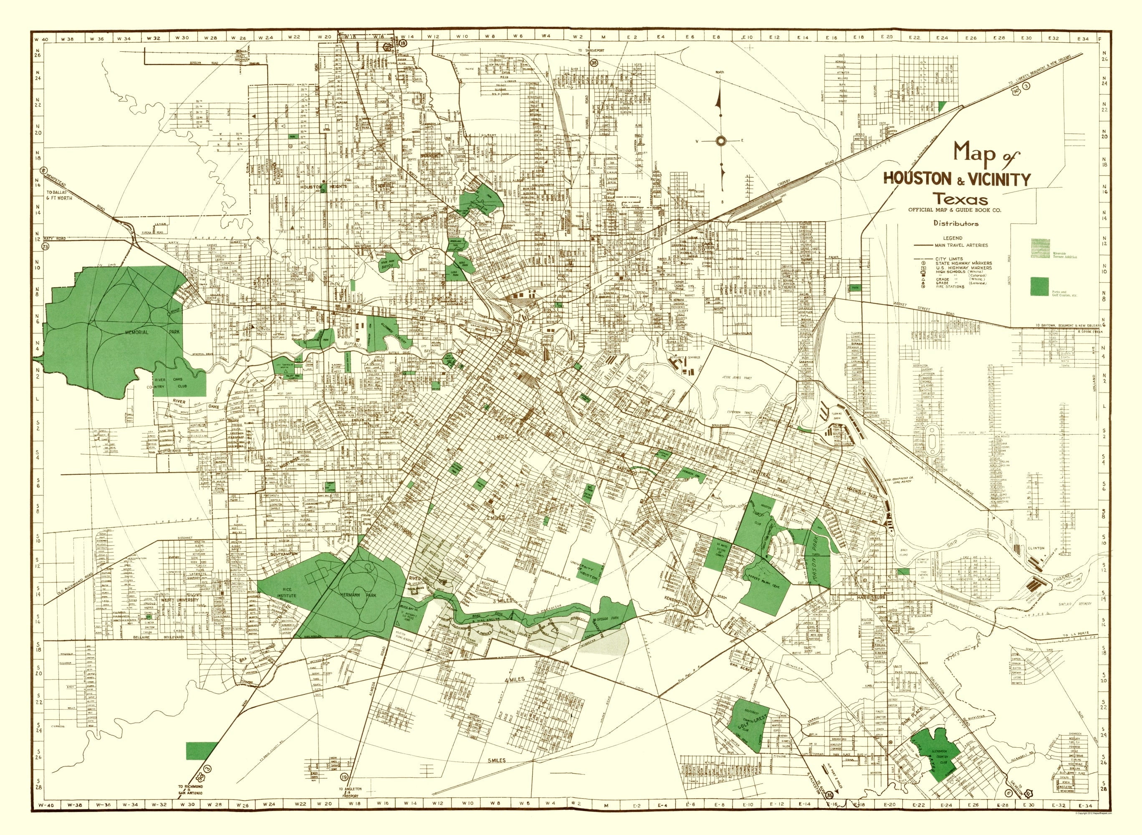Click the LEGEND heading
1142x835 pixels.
pyautogui.click(x=952, y=238)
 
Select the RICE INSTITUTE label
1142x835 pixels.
pyautogui.click(x=285, y=600)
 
